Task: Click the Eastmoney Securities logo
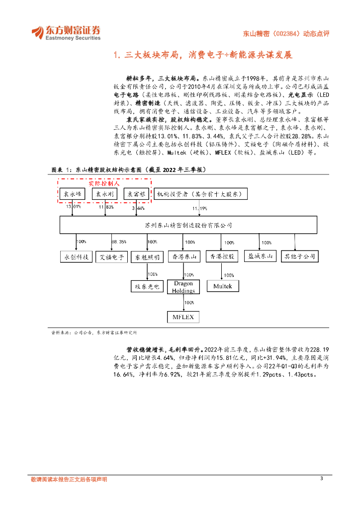pos(66,32)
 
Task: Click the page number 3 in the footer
pos(321,478)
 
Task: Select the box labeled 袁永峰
pos(74,194)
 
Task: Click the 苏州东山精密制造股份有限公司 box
pos(188,225)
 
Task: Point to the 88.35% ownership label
pos(119,242)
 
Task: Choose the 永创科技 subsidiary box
pos(76,256)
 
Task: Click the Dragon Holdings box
pos(183,287)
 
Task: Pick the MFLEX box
pos(182,317)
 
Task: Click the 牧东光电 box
pos(147,286)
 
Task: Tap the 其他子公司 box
pos(300,256)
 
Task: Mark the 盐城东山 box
pos(261,256)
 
